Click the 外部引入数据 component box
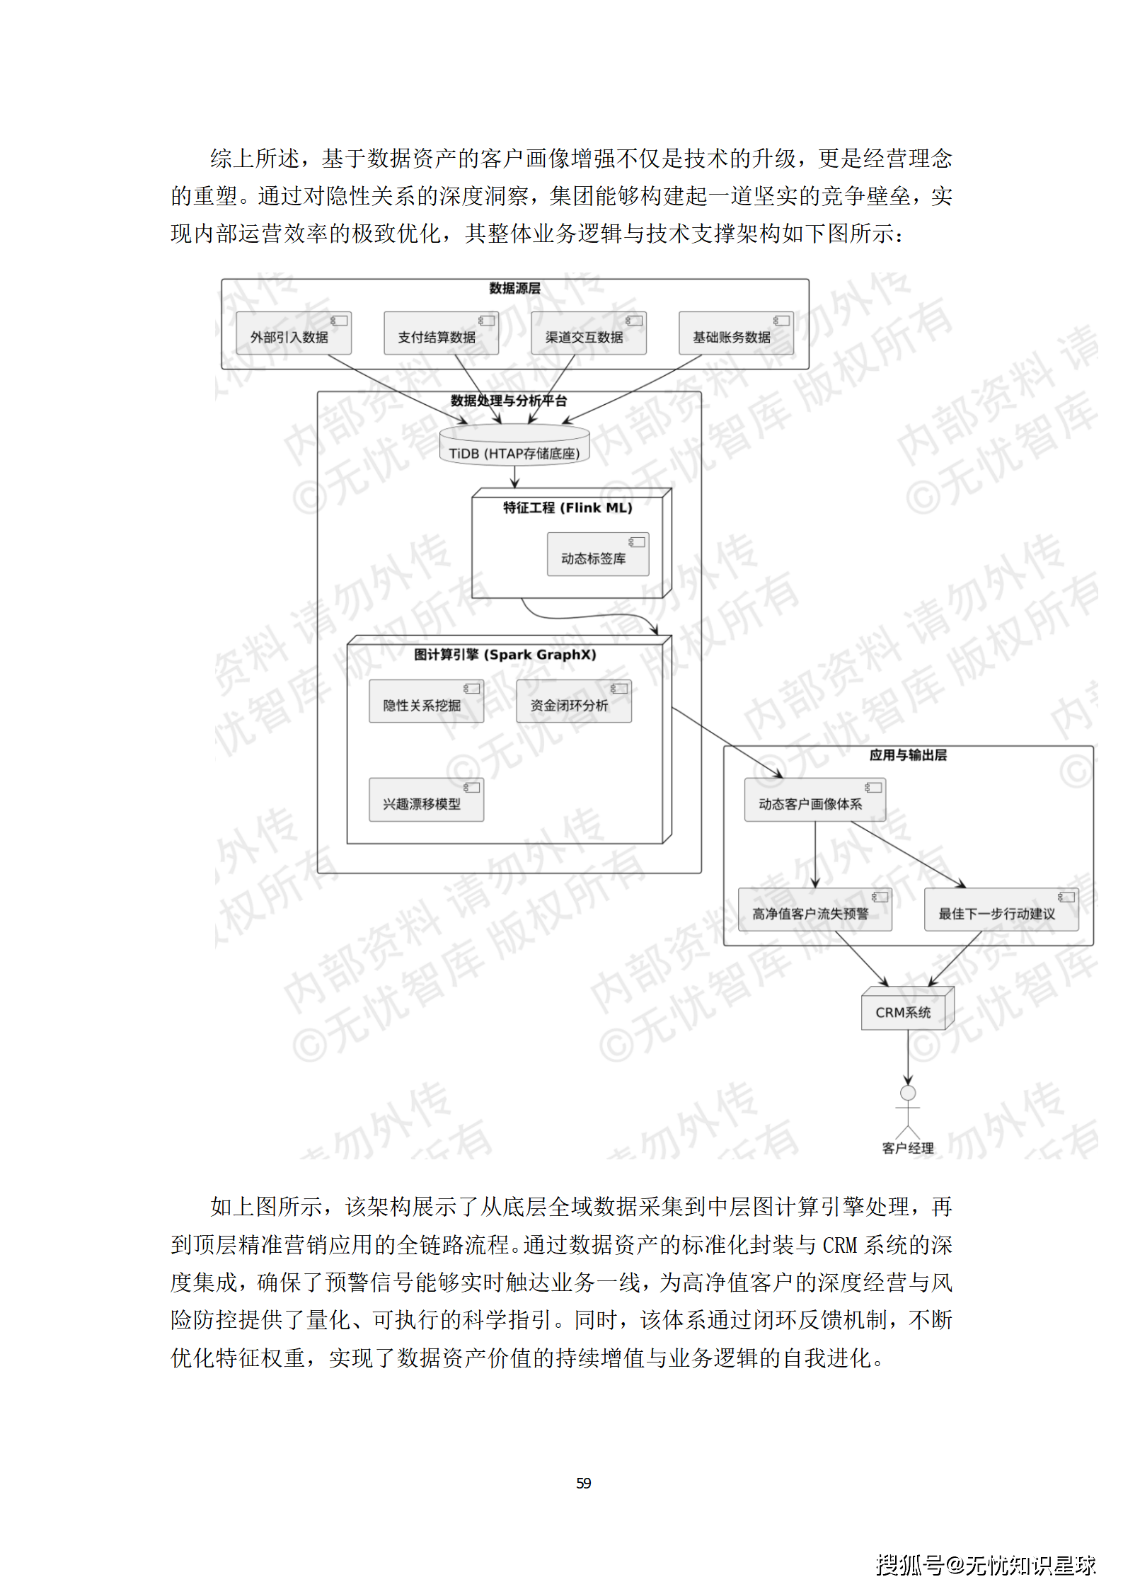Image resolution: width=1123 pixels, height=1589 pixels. pyautogui.click(x=293, y=333)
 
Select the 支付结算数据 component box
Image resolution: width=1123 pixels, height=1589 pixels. pyautogui.click(x=441, y=333)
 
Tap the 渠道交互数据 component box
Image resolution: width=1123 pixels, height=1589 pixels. pyautogui.click(x=588, y=333)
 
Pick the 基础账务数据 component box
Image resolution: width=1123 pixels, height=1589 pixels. pyautogui.click(x=735, y=333)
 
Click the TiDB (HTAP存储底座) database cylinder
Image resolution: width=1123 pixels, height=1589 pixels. pyautogui.click(x=514, y=446)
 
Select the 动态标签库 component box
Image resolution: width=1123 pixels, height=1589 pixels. pyautogui.click(x=597, y=555)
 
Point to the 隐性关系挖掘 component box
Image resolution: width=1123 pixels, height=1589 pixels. pyautogui.click(x=426, y=701)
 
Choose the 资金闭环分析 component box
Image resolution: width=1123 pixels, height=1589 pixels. pyautogui.click(x=573, y=701)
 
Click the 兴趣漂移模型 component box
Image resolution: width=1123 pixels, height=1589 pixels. pyautogui.click(x=426, y=800)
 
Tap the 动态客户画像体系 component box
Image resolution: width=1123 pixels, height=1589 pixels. pyautogui.click(x=814, y=801)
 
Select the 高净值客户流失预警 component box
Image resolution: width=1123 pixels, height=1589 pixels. pyautogui.click(x=814, y=910)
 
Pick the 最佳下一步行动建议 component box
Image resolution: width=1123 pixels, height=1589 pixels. pyautogui.click(x=1001, y=910)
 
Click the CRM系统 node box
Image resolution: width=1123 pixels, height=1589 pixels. pyautogui.click(x=906, y=1010)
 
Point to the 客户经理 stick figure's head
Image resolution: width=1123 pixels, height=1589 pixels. pyautogui.click(x=908, y=1094)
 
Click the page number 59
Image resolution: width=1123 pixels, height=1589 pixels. pyautogui.click(x=584, y=1483)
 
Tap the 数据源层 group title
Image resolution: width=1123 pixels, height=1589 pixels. pyautogui.click(x=514, y=288)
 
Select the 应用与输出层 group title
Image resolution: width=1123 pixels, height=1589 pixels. pyautogui.click(x=908, y=755)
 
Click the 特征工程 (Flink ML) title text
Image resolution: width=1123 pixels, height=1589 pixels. pyautogui.click(x=568, y=507)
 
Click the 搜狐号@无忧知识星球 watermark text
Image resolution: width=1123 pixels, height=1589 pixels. pyautogui.click(x=985, y=1564)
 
